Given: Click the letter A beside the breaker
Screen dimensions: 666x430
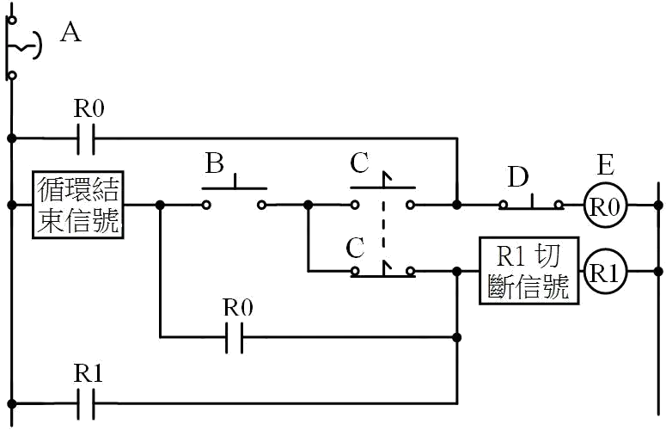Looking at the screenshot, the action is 70,33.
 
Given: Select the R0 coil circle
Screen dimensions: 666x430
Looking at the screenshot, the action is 605,206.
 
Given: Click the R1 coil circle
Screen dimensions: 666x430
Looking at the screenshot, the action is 605,272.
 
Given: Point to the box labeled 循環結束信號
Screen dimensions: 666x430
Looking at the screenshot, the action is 78,205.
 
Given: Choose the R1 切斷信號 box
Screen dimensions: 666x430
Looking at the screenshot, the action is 529,271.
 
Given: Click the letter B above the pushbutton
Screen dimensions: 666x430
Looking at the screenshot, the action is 215,163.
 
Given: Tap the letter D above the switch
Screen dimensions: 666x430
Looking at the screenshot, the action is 518,177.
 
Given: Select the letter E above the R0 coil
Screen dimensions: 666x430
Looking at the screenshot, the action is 605,165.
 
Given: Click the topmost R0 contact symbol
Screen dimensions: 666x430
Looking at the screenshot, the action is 86,138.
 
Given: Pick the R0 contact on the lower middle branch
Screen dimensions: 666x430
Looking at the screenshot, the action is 235,338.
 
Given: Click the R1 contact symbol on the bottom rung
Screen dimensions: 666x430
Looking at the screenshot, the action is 86,403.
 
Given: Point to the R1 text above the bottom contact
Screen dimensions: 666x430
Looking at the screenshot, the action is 89,373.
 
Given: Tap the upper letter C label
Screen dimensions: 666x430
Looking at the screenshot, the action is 359,163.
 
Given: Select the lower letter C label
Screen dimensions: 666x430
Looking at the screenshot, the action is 355,249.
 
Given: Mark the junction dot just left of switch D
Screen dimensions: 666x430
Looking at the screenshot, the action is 457,206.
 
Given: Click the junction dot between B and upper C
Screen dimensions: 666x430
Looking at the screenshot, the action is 309,206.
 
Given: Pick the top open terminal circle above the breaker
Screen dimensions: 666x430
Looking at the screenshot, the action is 13,20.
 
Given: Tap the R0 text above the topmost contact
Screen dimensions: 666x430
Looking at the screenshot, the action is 89,108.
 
